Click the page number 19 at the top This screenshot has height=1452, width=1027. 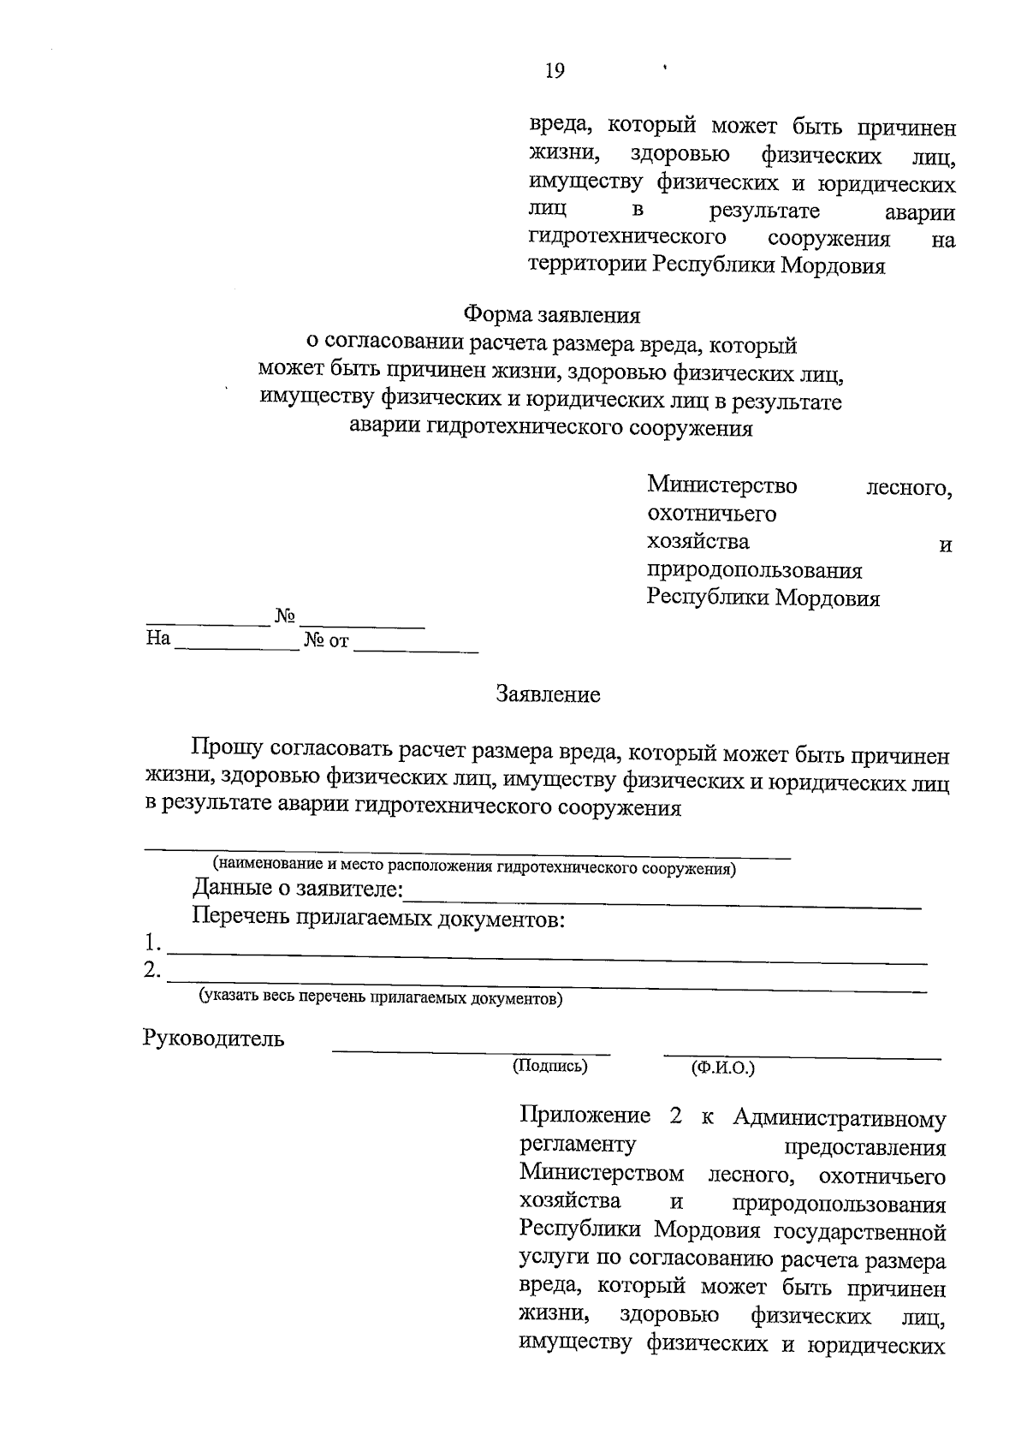(555, 71)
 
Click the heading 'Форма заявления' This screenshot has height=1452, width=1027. (552, 315)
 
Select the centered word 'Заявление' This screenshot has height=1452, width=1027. (549, 694)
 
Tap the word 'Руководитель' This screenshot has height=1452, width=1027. (213, 1039)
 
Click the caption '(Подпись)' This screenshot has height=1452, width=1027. (550, 1066)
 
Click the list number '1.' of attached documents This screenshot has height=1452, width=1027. (152, 943)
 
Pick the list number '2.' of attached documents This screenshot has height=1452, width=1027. (152, 971)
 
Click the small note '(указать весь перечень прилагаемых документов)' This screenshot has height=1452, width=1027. (381, 997)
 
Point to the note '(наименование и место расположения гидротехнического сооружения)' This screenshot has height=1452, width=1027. (474, 868)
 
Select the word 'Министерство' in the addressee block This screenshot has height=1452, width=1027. (722, 485)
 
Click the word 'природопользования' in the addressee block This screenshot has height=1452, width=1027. (755, 570)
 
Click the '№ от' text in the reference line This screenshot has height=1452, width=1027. (326, 640)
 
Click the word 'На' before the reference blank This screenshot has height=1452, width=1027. (158, 638)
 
